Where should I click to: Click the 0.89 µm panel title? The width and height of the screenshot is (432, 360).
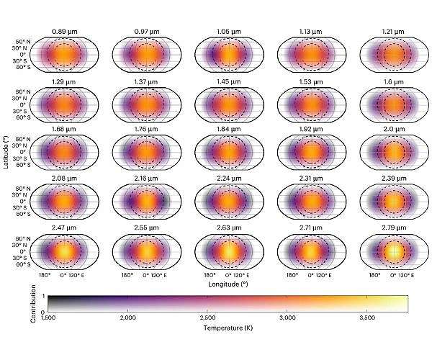(64, 31)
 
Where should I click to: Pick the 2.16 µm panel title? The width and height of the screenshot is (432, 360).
(146, 178)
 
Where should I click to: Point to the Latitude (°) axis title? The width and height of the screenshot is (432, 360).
(5, 153)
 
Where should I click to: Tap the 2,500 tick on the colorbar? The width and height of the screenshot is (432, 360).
(208, 318)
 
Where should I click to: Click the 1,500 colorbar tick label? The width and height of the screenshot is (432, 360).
(48, 318)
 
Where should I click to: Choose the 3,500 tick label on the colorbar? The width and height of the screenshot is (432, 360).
(367, 318)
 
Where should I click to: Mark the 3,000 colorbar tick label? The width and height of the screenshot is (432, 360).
(287, 318)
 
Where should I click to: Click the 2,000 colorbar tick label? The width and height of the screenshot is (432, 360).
(128, 318)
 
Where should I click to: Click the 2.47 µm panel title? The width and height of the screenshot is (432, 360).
(64, 227)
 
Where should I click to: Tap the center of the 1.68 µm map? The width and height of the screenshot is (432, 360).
(64, 153)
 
